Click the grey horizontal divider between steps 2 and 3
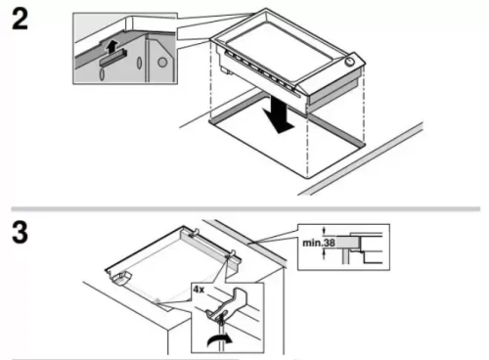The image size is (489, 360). pyautogui.click(x=244, y=208)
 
